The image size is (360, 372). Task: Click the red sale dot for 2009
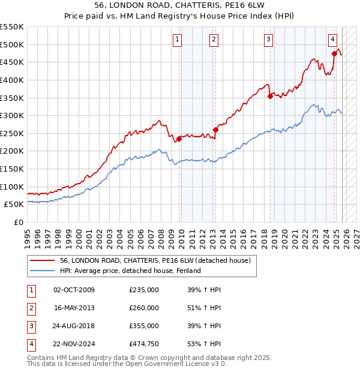(179, 139)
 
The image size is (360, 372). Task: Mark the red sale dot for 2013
(215, 130)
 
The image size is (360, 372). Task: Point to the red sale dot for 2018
(270, 96)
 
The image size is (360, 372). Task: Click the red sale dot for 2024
(334, 53)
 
